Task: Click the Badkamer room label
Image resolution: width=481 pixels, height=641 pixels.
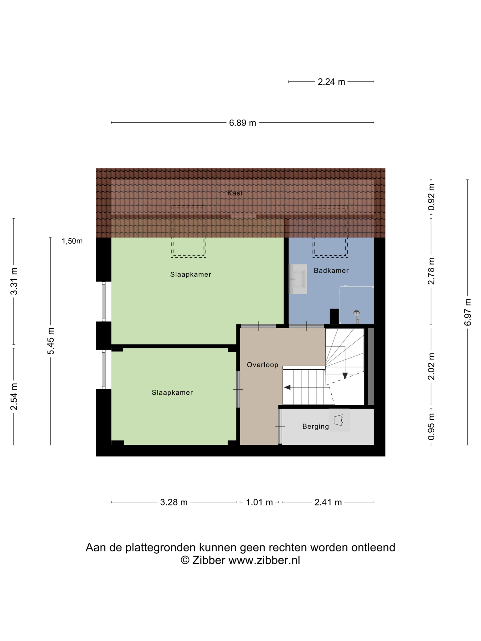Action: click(x=331, y=270)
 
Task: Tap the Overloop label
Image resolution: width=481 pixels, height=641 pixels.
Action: click(x=262, y=365)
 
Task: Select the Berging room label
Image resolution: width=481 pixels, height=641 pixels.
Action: click(x=316, y=426)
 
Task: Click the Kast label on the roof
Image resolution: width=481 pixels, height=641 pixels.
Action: click(x=235, y=193)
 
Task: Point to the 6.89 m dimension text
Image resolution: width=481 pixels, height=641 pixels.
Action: click(x=242, y=123)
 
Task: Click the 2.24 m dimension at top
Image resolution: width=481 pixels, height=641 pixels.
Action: click(x=331, y=82)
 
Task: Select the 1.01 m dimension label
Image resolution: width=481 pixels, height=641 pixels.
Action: click(x=259, y=502)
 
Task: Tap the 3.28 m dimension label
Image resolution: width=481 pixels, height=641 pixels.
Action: click(x=174, y=502)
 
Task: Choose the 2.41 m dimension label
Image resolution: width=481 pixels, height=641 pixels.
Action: click(x=328, y=502)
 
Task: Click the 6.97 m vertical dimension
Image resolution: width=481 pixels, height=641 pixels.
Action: click(x=468, y=312)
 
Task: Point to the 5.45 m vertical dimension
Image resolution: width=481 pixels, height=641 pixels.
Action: click(x=51, y=341)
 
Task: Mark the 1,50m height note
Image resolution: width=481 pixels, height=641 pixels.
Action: click(x=72, y=241)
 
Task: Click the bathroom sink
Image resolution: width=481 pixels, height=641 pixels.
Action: click(x=298, y=279)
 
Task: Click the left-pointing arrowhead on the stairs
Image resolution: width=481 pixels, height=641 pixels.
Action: click(x=287, y=387)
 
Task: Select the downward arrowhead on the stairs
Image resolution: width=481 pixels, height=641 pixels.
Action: click(x=345, y=376)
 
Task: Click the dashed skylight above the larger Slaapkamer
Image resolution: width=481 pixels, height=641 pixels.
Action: click(x=188, y=232)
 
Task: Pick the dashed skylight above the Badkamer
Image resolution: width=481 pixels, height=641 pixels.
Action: click(x=330, y=232)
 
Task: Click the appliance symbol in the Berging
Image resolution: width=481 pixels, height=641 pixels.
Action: click(x=339, y=420)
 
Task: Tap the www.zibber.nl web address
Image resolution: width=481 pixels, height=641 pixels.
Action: click(x=264, y=560)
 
